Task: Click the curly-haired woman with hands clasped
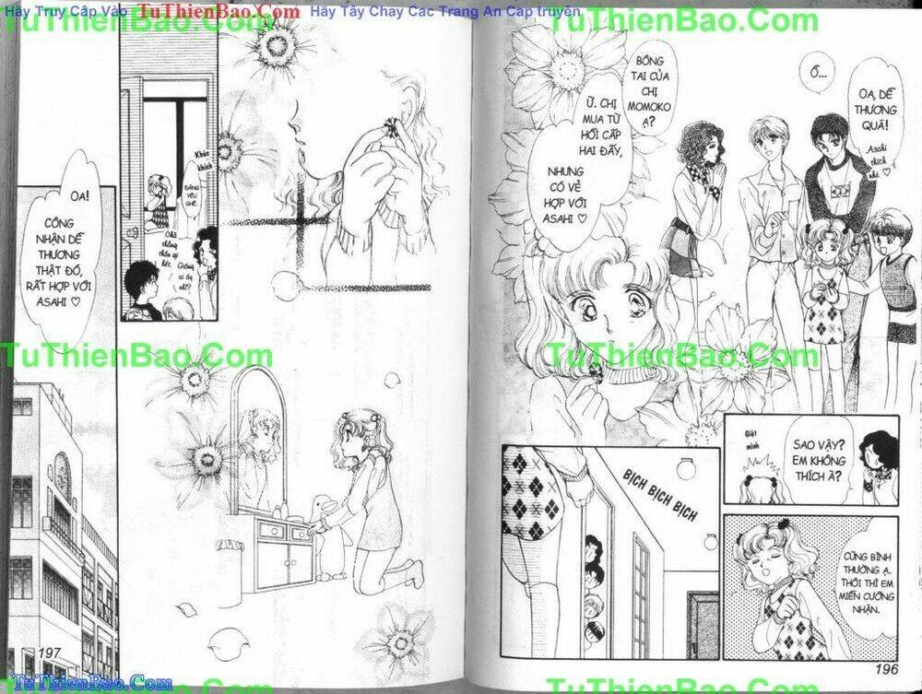pyautogui.click(x=698, y=203)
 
